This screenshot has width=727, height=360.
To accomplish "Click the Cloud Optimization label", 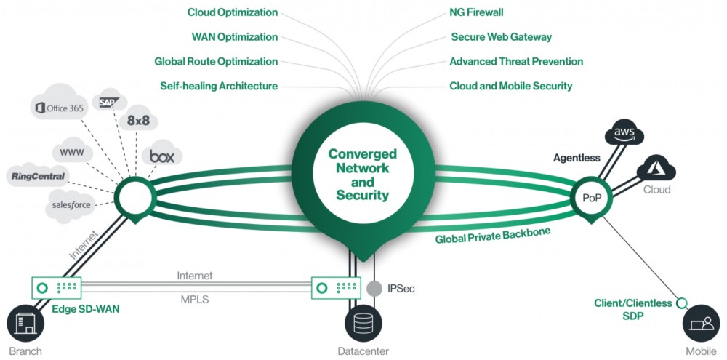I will point(232,12).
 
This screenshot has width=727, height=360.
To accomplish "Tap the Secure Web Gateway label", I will point(501,37).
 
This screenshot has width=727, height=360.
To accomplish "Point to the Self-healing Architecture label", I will point(219,86).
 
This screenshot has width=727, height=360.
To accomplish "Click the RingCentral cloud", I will point(39,176).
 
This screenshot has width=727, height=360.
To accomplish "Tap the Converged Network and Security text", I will point(362,175).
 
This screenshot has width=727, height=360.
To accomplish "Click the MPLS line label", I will point(195,298).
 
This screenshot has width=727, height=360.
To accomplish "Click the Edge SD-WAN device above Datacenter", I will point(335,287).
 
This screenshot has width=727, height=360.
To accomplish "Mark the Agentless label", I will point(577,157).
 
